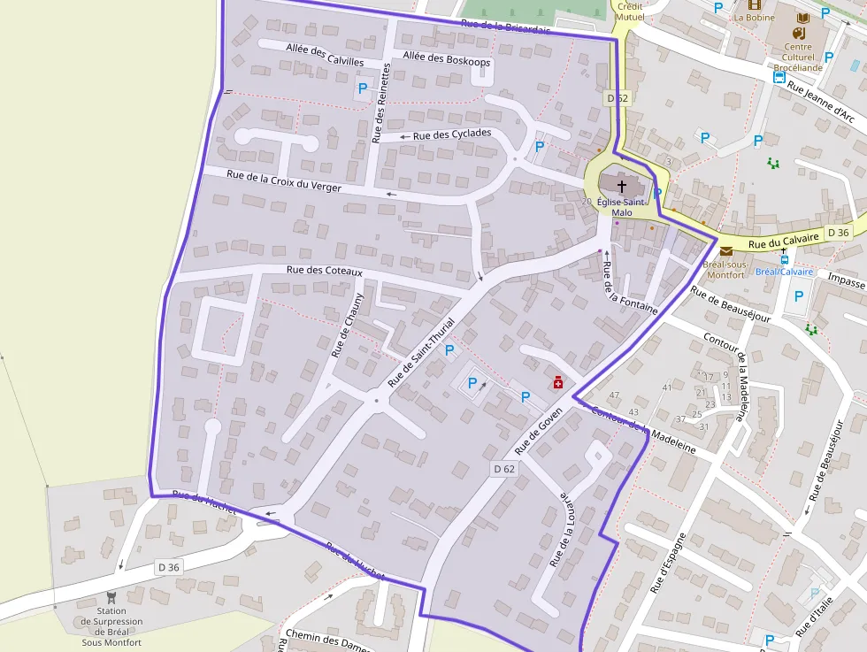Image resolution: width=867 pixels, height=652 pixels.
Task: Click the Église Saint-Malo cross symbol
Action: (x=622, y=186)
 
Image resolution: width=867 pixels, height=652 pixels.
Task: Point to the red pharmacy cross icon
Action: (x=558, y=383)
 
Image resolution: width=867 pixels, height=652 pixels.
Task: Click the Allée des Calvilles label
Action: (x=325, y=55)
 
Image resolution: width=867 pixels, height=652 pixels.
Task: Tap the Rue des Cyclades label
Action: (x=452, y=134)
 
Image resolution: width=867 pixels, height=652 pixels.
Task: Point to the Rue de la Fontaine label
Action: (x=629, y=287)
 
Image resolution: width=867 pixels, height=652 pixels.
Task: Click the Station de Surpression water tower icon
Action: (x=111, y=597)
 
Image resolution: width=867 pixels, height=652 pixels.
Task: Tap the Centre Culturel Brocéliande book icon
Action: (x=802, y=19)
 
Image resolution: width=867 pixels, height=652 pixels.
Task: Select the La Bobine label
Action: (x=754, y=18)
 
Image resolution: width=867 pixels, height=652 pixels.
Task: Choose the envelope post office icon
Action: (x=726, y=252)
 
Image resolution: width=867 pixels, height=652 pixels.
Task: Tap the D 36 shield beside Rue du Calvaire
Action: (x=838, y=232)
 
